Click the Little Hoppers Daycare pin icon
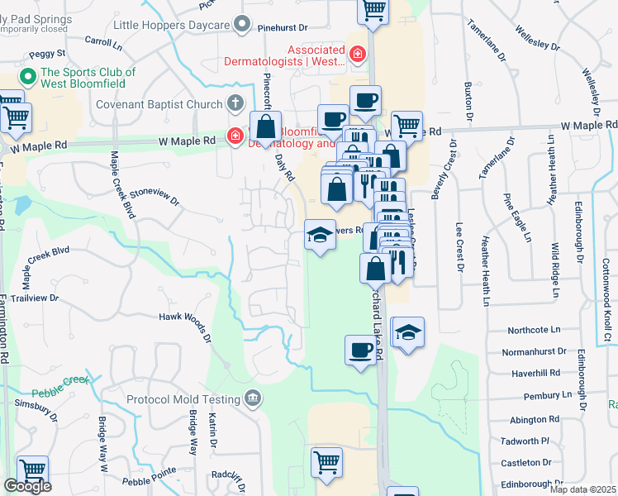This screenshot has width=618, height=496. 241,26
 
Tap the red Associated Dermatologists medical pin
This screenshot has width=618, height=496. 357,55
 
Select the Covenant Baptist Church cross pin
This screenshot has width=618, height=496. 235,104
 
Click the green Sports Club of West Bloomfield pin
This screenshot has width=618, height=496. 27,79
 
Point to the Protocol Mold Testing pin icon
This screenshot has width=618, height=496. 254,399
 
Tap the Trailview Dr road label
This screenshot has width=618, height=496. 31,298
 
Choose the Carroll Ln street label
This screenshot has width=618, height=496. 103,40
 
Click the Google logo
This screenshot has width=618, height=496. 27,487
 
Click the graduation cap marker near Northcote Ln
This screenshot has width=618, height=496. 407,333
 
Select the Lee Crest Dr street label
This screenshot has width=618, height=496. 459,247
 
